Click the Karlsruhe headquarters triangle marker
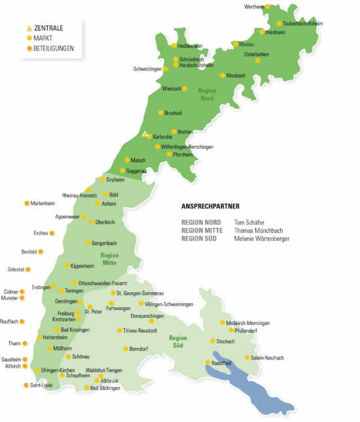tap(145, 134)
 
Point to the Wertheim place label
tap(254, 7)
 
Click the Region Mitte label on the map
tap(109, 258)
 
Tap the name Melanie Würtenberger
tap(261, 239)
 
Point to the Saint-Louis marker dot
tap(26, 385)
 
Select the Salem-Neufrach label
tap(268, 358)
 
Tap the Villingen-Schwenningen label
tap(170, 304)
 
